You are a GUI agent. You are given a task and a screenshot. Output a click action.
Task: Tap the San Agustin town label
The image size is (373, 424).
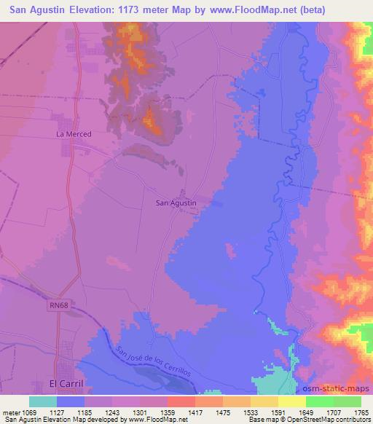click(x=176, y=203)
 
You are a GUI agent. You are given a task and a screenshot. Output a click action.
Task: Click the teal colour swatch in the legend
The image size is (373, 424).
click(x=43, y=402)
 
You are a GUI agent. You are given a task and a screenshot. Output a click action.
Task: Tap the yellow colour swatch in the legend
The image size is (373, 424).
click(x=291, y=402)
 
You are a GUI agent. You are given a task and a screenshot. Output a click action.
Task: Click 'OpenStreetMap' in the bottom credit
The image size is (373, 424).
click(x=341, y=420)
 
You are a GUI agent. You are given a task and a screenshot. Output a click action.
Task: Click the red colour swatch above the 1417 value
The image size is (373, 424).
click(x=181, y=402)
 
